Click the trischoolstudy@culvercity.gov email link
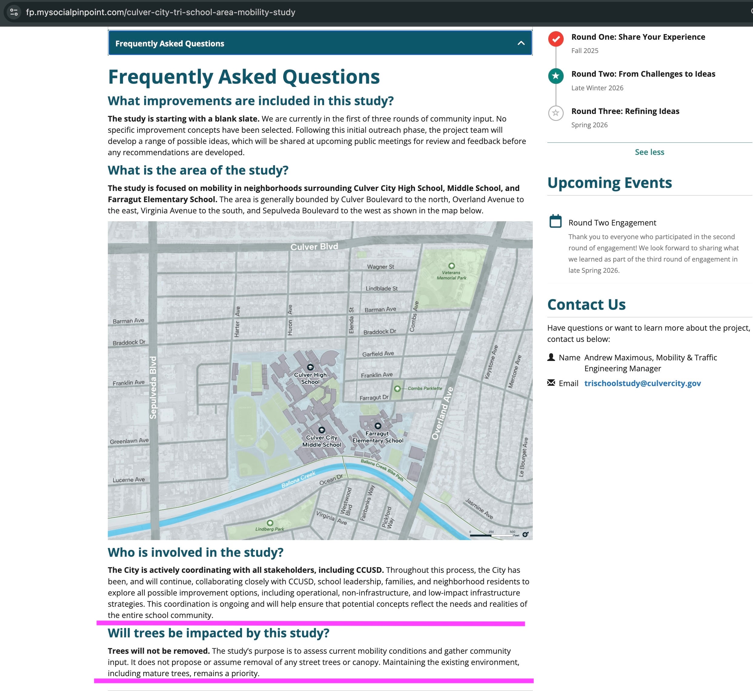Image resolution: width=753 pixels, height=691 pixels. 642,383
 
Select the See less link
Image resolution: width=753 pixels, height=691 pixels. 649,152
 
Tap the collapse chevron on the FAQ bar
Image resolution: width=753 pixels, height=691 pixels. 521,43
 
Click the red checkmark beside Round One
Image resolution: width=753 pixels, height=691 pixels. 556,39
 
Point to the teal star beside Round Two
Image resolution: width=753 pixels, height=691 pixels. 556,76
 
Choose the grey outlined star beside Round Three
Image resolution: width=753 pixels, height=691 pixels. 556,113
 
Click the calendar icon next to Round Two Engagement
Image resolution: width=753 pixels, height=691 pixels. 555,221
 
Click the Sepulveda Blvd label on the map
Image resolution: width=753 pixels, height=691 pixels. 153,387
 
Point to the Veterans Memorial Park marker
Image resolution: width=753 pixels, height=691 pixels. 451,266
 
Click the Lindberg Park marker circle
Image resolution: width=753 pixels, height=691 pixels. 270,523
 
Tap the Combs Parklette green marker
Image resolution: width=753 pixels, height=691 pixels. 397,389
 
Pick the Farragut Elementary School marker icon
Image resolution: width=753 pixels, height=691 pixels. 378,426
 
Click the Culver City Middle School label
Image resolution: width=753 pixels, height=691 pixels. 321,441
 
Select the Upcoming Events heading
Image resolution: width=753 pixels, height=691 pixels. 609,183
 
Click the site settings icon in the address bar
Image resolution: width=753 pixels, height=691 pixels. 14,12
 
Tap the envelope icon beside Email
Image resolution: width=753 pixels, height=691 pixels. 551,382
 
